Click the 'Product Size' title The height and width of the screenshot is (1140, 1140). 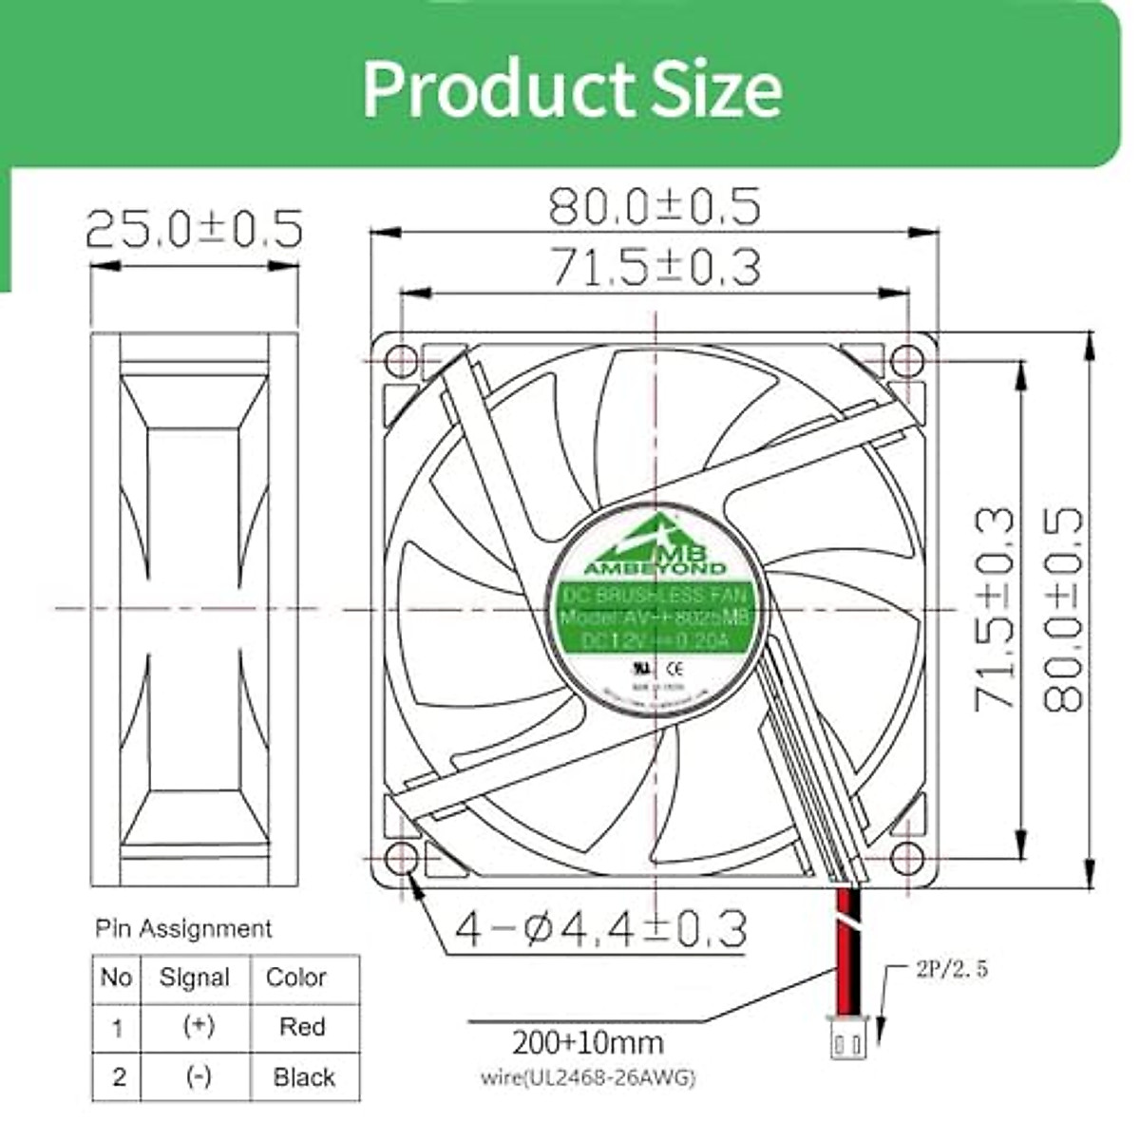click(x=572, y=88)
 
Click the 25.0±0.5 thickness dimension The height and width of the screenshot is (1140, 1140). click(x=194, y=229)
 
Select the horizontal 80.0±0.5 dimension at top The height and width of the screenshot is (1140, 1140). click(x=655, y=206)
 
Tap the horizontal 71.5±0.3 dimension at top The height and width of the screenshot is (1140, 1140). click(x=655, y=267)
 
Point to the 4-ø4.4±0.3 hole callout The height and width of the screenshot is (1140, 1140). click(x=600, y=928)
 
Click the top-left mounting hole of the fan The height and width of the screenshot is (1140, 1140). click(x=402, y=362)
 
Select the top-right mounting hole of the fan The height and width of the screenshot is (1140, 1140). click(x=908, y=361)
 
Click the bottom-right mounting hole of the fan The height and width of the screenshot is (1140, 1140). click(x=908, y=858)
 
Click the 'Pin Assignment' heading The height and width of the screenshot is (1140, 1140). click(x=183, y=928)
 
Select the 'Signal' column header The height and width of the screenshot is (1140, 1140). click(x=195, y=978)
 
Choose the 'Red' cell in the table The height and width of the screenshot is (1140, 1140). click(x=303, y=1027)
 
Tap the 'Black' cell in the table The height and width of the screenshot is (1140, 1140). click(x=304, y=1077)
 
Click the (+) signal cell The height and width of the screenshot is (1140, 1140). click(x=199, y=1027)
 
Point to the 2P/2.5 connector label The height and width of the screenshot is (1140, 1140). click(x=952, y=970)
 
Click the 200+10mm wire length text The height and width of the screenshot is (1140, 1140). click(x=587, y=1043)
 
